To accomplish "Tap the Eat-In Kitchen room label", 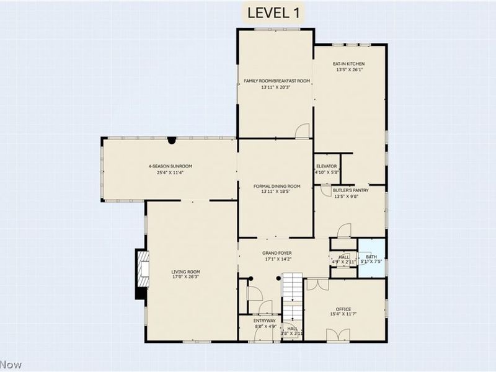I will pyautogui.click(x=348, y=64).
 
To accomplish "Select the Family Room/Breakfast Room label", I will pyautogui.click(x=276, y=81).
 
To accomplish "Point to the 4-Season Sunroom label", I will pyautogui.click(x=170, y=166).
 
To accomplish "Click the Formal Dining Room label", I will pyautogui.click(x=276, y=186).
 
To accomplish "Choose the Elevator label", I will pyautogui.click(x=326, y=166).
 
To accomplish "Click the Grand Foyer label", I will pyautogui.click(x=276, y=253).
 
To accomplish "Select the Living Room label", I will pyautogui.click(x=185, y=272).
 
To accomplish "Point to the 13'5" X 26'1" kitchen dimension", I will pyautogui.click(x=348, y=70).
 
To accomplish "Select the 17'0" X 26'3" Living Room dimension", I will pyautogui.click(x=185, y=278).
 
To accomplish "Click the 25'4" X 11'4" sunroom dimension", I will pyautogui.click(x=170, y=172).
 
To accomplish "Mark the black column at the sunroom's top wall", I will pyautogui.click(x=171, y=141).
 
